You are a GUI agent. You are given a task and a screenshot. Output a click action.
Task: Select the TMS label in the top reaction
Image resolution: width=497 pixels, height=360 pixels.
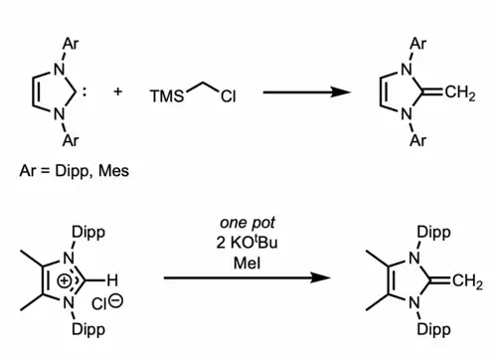(166, 99)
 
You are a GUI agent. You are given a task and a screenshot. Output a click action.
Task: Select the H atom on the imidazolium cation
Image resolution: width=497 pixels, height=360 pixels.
(113, 277)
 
